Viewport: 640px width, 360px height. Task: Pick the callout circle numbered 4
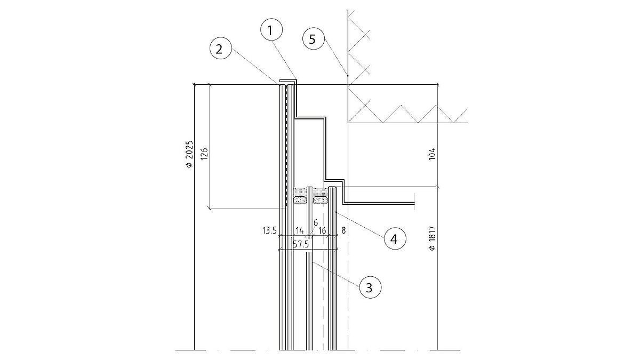pyautogui.click(x=394, y=238)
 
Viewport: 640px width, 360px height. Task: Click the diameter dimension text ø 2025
pyautogui.click(x=189, y=155)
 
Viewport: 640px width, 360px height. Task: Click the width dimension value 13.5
pyautogui.click(x=269, y=230)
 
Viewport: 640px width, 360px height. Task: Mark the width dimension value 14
pyautogui.click(x=299, y=230)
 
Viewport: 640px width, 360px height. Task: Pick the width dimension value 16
pyautogui.click(x=322, y=230)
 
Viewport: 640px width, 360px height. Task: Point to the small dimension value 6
pyautogui.click(x=315, y=222)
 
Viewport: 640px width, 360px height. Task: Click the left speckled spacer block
pyautogui.click(x=301, y=201)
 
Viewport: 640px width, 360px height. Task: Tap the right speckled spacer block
pyautogui.click(x=320, y=201)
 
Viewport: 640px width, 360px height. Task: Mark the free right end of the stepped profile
pyautogui.click(x=414, y=204)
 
